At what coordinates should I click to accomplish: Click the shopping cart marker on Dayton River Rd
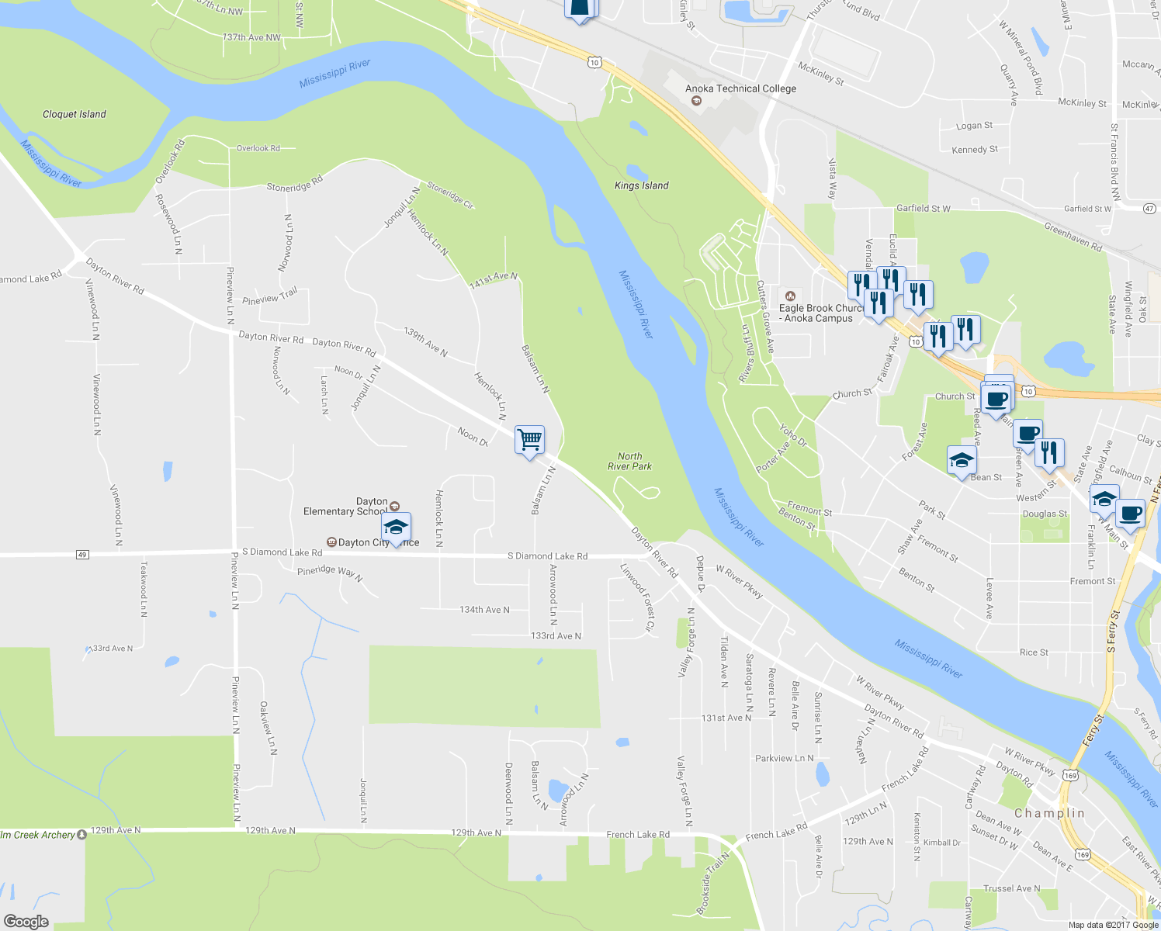click(529, 440)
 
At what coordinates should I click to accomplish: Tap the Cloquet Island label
click(75, 114)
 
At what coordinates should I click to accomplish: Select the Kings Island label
click(641, 185)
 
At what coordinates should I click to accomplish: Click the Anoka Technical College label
click(740, 88)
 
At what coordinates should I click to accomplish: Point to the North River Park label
click(629, 462)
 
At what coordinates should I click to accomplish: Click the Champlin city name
click(1049, 813)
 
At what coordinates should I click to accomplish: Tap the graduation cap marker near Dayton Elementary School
click(396, 528)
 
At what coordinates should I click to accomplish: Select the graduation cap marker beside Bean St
click(961, 460)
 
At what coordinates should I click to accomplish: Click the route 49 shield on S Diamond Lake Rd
click(82, 554)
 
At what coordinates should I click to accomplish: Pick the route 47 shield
click(1149, 208)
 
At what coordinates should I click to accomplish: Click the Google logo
click(26, 921)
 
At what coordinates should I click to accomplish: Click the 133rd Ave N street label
click(556, 636)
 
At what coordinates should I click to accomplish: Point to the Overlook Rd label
click(258, 148)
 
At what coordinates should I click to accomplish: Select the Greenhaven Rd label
click(1073, 237)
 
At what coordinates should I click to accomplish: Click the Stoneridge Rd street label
click(294, 187)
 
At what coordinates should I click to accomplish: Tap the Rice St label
click(1034, 652)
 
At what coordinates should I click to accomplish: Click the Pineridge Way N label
click(329, 573)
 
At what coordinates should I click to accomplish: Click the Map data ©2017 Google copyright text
click(1113, 925)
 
